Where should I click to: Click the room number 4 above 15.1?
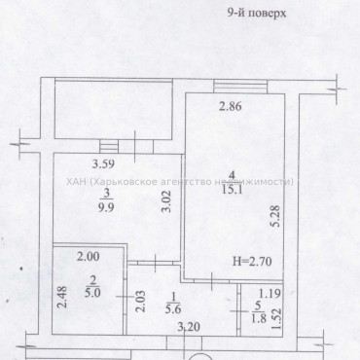point(232,176)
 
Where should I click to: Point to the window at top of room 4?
point(238,85)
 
